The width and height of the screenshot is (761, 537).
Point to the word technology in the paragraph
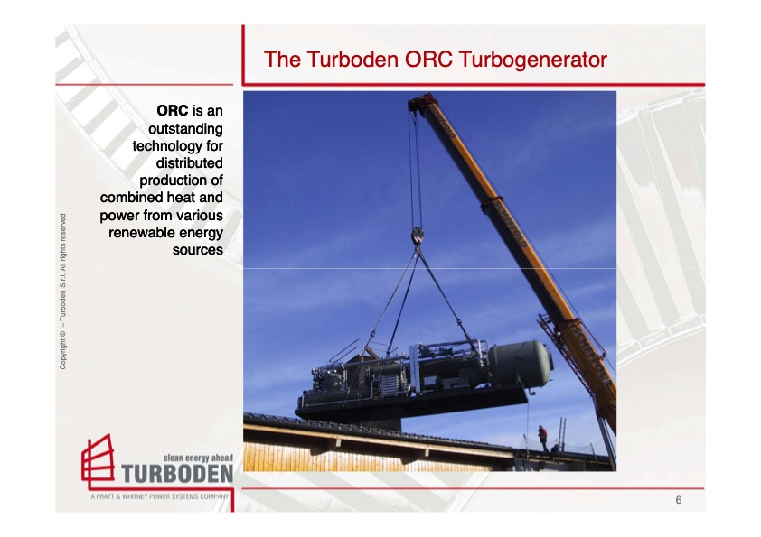[177, 145]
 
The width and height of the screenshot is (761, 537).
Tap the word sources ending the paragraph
[197, 249]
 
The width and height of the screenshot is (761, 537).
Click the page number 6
[678, 500]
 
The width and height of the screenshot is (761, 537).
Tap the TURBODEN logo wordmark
[177, 474]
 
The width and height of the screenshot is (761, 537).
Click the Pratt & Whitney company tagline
[159, 497]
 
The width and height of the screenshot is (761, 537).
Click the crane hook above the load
[417, 237]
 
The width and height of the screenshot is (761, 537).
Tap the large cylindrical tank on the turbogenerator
[523, 364]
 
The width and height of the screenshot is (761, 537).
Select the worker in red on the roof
[542, 437]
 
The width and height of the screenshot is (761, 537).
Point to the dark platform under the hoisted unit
[412, 403]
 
